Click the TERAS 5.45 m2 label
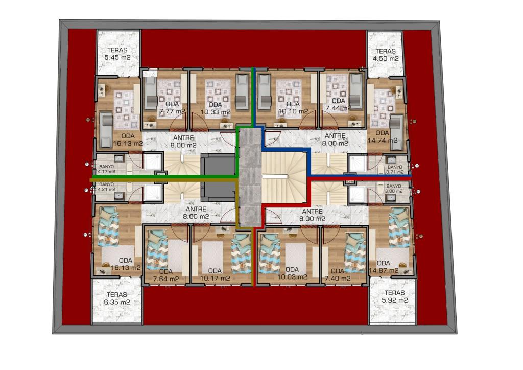pyautogui.click(x=117, y=54)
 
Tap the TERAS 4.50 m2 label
pyautogui.click(x=386, y=55)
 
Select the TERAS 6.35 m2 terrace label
pyautogui.click(x=117, y=298)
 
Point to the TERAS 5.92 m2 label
pyautogui.click(x=395, y=296)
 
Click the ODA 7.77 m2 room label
pyautogui.click(x=172, y=108)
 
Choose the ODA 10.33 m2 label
pyautogui.click(x=215, y=109)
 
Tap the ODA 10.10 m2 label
pyautogui.click(x=293, y=108)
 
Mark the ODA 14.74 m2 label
pyautogui.click(x=382, y=137)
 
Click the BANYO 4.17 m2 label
pyautogui.click(x=107, y=169)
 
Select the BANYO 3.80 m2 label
pyautogui.click(x=394, y=189)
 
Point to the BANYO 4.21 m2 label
pyautogui.click(x=107, y=187)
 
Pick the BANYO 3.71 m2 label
pyautogui.click(x=395, y=170)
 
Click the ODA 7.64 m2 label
pyautogui.click(x=166, y=275)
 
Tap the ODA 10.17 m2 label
pyautogui.click(x=215, y=274)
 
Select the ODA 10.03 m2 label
pyautogui.click(x=292, y=273)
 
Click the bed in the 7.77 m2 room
pyautogui.click(x=151, y=92)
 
